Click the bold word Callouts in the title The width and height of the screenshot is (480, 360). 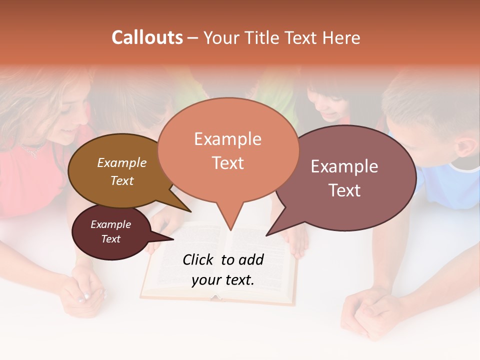tap(147, 37)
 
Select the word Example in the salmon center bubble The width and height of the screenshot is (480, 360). tap(227, 139)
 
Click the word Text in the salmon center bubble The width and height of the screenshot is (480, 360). tap(227, 163)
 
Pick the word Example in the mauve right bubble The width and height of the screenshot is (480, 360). tap(344, 166)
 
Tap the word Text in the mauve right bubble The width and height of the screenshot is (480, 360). tap(344, 190)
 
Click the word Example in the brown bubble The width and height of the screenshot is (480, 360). tap(122, 163)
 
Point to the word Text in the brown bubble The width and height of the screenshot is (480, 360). tap(122, 180)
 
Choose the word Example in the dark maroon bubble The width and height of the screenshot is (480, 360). tap(110, 224)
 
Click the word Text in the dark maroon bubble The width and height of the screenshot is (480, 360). tap(110, 239)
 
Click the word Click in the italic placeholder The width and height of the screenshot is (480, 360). tap(199, 259)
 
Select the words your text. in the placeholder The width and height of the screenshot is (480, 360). tap(223, 280)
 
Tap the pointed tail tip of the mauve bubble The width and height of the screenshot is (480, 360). tap(266, 235)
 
